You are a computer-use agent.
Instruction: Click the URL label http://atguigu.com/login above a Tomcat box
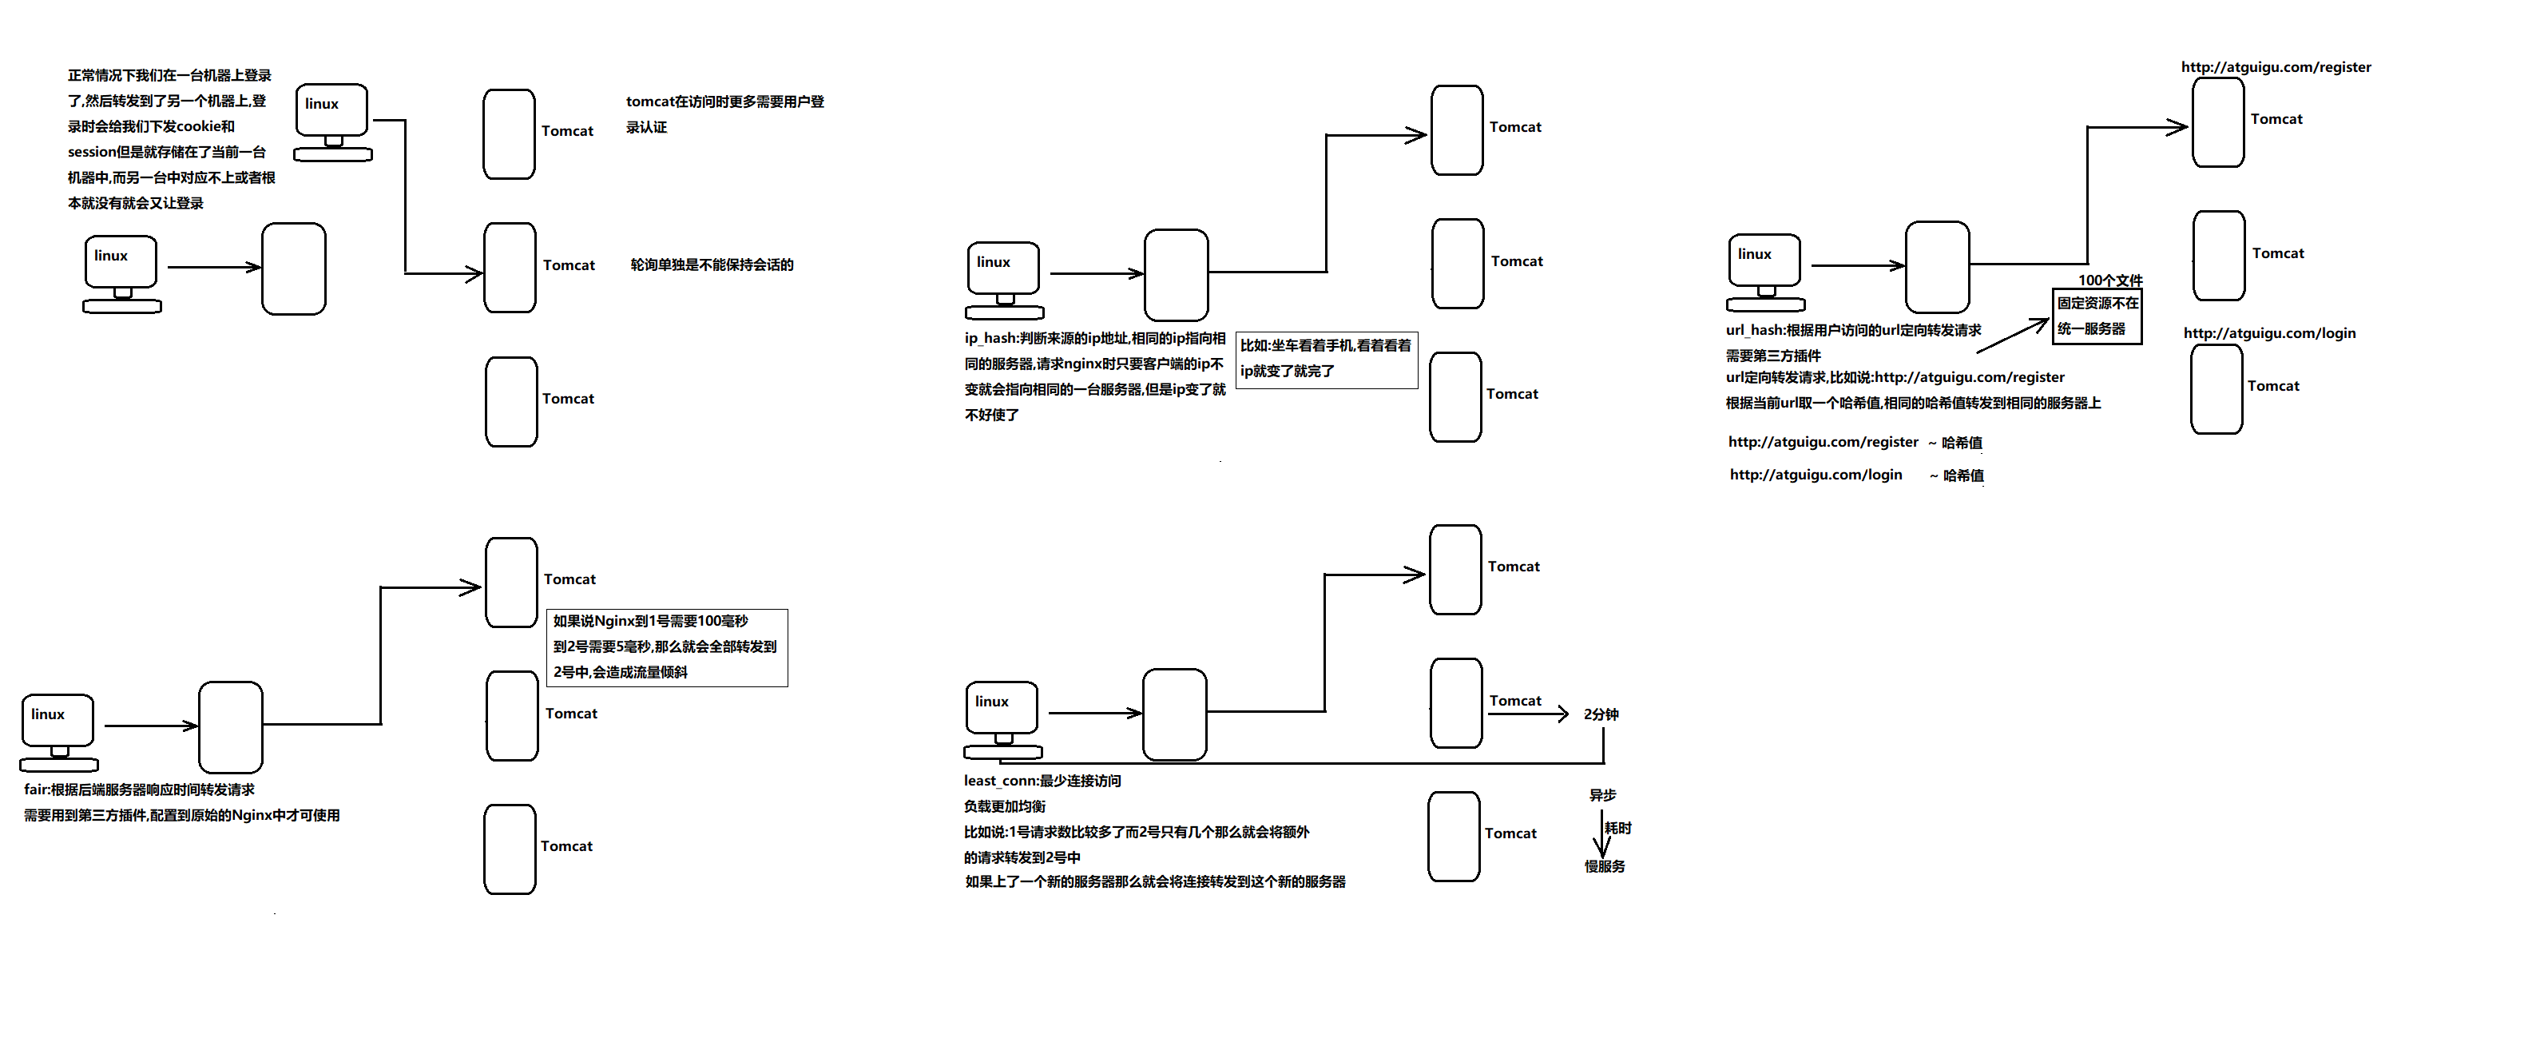coord(2269,334)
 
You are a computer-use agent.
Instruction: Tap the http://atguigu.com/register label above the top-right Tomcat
coord(2276,68)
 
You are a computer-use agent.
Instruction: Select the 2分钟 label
coord(1601,714)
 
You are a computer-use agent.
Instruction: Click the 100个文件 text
coord(2110,280)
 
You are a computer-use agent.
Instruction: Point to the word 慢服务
coord(1605,866)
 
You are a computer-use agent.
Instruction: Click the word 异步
coord(1602,795)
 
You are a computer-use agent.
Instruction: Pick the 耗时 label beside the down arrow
coord(1618,829)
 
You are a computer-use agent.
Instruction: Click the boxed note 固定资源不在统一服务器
coord(2097,316)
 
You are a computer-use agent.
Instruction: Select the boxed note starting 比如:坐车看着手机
coord(1326,359)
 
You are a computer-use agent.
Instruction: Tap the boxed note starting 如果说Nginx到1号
coord(666,646)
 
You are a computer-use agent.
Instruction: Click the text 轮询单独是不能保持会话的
coord(712,265)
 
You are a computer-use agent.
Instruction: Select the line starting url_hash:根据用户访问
coord(1853,331)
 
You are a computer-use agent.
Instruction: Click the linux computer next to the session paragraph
coord(333,123)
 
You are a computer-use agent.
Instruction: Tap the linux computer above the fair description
coord(59,732)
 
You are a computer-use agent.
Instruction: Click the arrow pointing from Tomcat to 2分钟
coord(1528,714)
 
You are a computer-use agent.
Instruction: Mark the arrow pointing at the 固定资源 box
coord(2012,336)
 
